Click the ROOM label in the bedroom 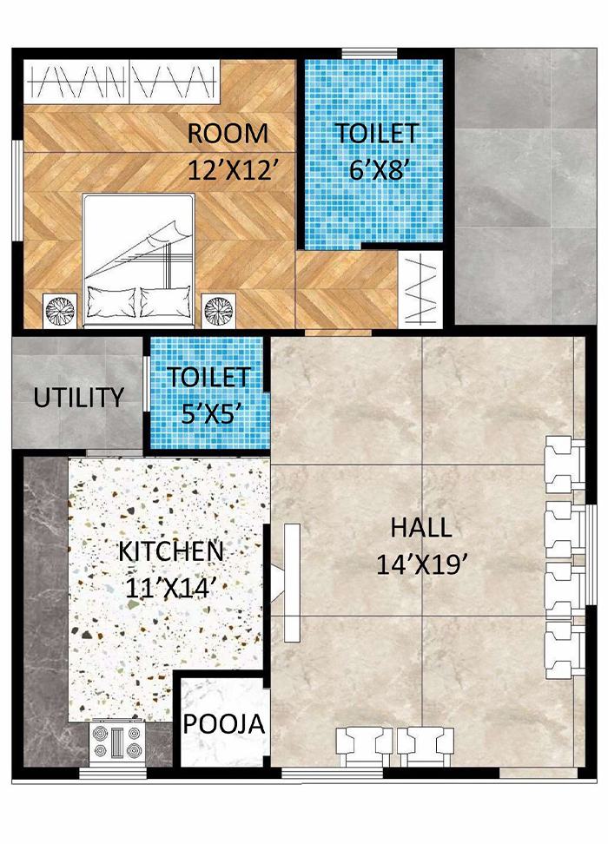(228, 135)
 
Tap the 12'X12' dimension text (232, 169)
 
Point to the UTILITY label (78, 399)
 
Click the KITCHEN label (171, 551)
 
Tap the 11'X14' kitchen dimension (171, 586)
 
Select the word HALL (420, 528)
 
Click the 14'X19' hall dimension (422, 564)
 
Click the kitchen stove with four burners (116, 742)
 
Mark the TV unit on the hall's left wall (289, 582)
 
